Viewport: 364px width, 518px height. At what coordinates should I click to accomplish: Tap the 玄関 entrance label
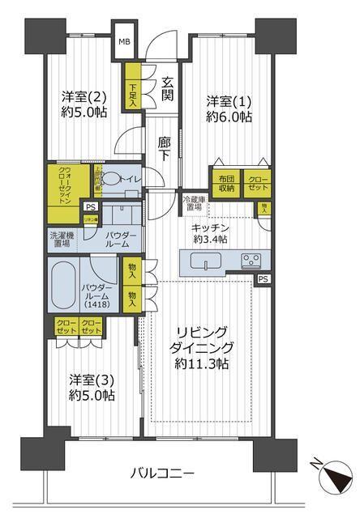tap(168, 90)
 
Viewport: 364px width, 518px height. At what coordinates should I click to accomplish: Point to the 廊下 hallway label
tap(163, 146)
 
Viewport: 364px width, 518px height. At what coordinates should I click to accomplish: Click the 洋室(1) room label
tap(229, 109)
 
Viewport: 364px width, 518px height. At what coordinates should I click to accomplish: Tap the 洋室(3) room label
tap(91, 387)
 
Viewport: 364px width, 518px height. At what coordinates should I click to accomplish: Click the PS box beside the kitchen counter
tap(262, 279)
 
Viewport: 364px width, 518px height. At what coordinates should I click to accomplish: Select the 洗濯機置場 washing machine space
tap(64, 240)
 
